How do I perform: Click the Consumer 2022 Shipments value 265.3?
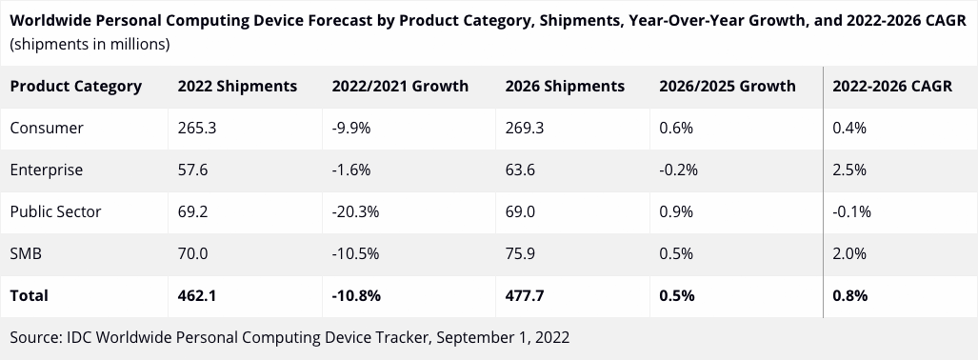pyautogui.click(x=197, y=128)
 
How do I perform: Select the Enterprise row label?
pyautogui.click(x=46, y=170)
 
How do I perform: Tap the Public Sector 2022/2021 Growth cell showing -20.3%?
pyautogui.click(x=355, y=211)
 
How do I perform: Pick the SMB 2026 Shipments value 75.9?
pyautogui.click(x=523, y=253)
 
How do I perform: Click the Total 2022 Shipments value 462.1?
pyautogui.click(x=198, y=295)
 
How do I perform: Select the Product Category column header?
pyautogui.click(x=75, y=86)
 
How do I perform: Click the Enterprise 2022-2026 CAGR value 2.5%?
pyautogui.click(x=848, y=170)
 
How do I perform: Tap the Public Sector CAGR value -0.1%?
pyautogui.click(x=851, y=211)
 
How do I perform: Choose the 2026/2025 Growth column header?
pyautogui.click(x=727, y=86)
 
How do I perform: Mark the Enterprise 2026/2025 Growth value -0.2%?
pyautogui.click(x=678, y=170)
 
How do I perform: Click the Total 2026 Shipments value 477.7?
pyautogui.click(x=525, y=295)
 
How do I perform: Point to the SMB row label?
pyautogui.click(x=26, y=253)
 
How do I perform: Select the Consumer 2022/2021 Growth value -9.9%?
pyautogui.click(x=351, y=128)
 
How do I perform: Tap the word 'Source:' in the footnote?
pyautogui.click(x=36, y=337)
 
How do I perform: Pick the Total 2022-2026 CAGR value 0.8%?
pyautogui.click(x=849, y=295)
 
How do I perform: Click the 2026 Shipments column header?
pyautogui.click(x=565, y=86)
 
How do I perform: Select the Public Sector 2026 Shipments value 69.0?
pyautogui.click(x=523, y=211)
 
